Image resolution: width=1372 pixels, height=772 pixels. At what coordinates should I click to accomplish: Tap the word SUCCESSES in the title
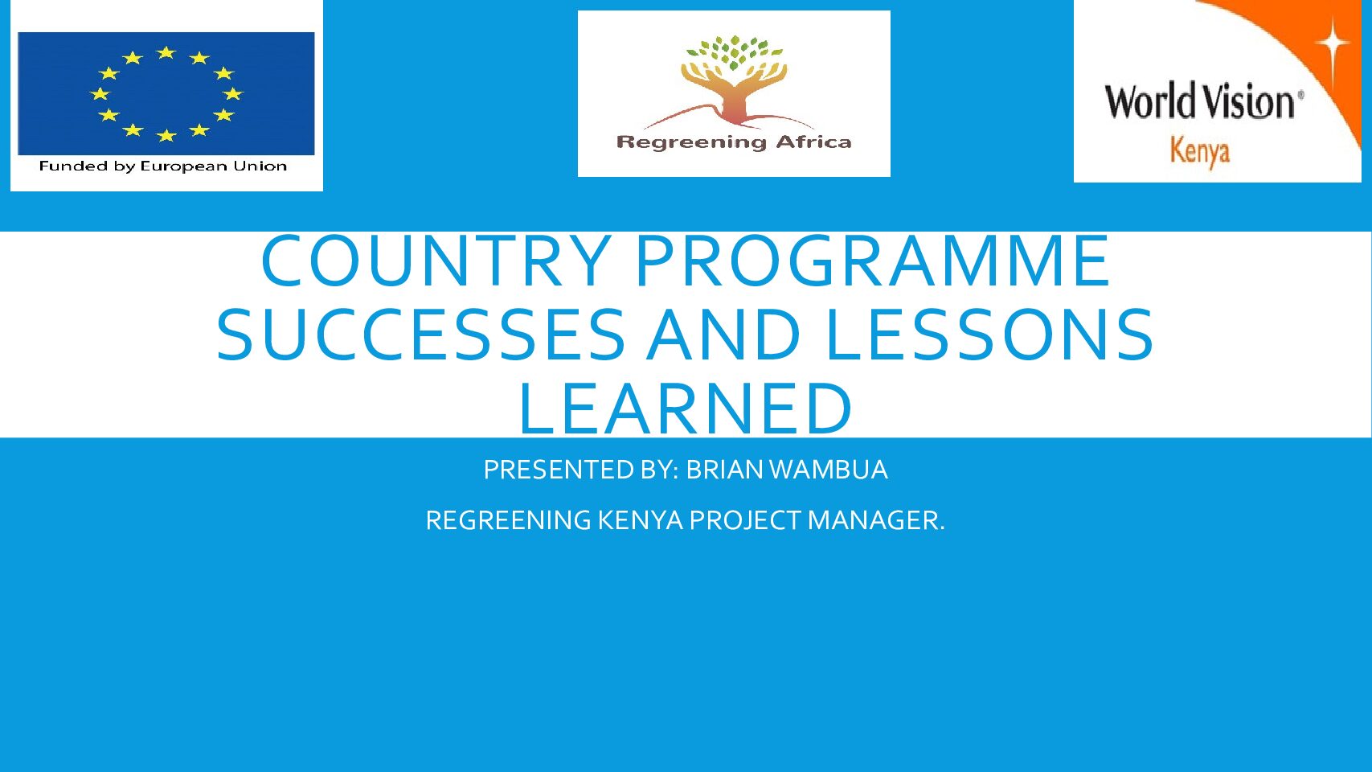pyautogui.click(x=421, y=335)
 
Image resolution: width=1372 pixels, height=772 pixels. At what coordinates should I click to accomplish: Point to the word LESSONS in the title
pyautogui.click(x=989, y=335)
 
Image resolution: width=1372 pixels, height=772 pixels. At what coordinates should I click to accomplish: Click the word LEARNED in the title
pyautogui.click(x=686, y=409)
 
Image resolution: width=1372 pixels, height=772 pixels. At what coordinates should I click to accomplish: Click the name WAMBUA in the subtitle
pyautogui.click(x=829, y=470)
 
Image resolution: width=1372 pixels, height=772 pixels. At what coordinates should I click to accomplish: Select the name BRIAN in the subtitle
pyautogui.click(x=724, y=470)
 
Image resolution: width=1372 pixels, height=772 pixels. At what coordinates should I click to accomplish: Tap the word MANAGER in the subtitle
pyautogui.click(x=876, y=521)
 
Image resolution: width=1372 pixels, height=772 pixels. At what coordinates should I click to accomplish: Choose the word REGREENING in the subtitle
pyautogui.click(x=508, y=521)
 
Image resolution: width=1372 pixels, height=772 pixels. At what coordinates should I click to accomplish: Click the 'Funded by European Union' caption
pyautogui.click(x=163, y=166)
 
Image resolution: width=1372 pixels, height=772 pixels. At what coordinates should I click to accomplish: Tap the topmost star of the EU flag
pyautogui.click(x=166, y=53)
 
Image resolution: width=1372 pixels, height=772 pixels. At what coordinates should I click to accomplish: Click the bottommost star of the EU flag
pyautogui.click(x=166, y=135)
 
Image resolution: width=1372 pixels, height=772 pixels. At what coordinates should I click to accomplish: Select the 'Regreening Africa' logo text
pyautogui.click(x=734, y=143)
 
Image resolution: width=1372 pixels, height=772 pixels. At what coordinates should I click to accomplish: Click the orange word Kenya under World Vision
pyautogui.click(x=1200, y=151)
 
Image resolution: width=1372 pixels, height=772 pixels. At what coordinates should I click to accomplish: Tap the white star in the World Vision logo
pyautogui.click(x=1332, y=43)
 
